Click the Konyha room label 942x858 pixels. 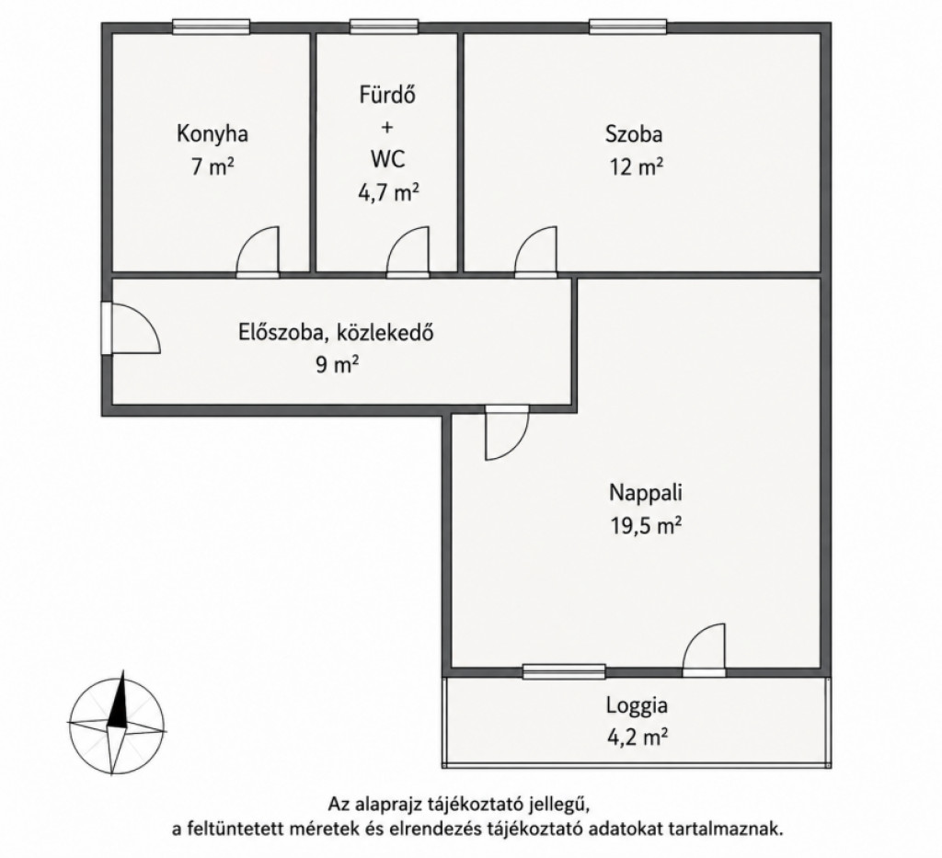coord(213,133)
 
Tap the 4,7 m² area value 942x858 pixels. coord(387,193)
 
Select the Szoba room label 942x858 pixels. coord(634,133)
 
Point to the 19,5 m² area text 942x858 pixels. coord(646,526)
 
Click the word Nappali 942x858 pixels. coord(646,494)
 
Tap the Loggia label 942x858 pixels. coord(637,705)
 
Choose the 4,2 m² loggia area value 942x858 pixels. coord(638,737)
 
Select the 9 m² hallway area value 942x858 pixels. coord(338,364)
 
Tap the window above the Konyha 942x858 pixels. coord(211,27)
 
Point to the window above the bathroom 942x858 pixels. coord(384,27)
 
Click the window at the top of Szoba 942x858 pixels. coord(627,27)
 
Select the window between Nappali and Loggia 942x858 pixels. coord(564,672)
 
